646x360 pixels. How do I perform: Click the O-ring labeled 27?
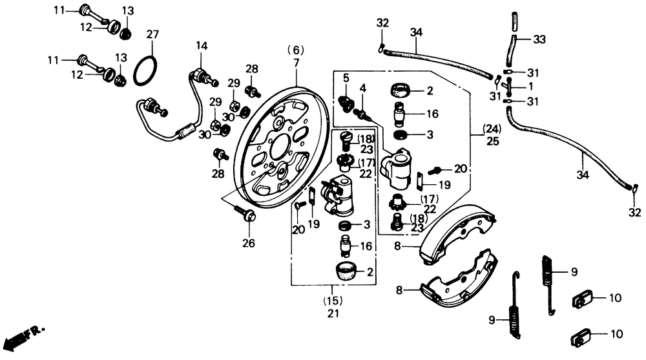pyautogui.click(x=145, y=70)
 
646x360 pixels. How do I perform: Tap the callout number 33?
pyautogui.click(x=539, y=39)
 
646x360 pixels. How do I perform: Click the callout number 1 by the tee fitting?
pyautogui.click(x=531, y=85)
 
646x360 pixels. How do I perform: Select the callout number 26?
pyautogui.click(x=249, y=244)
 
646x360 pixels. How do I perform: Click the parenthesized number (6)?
pyautogui.click(x=295, y=50)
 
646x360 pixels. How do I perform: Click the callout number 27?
pyautogui.click(x=152, y=34)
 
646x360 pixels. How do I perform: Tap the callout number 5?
pyautogui.click(x=346, y=78)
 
